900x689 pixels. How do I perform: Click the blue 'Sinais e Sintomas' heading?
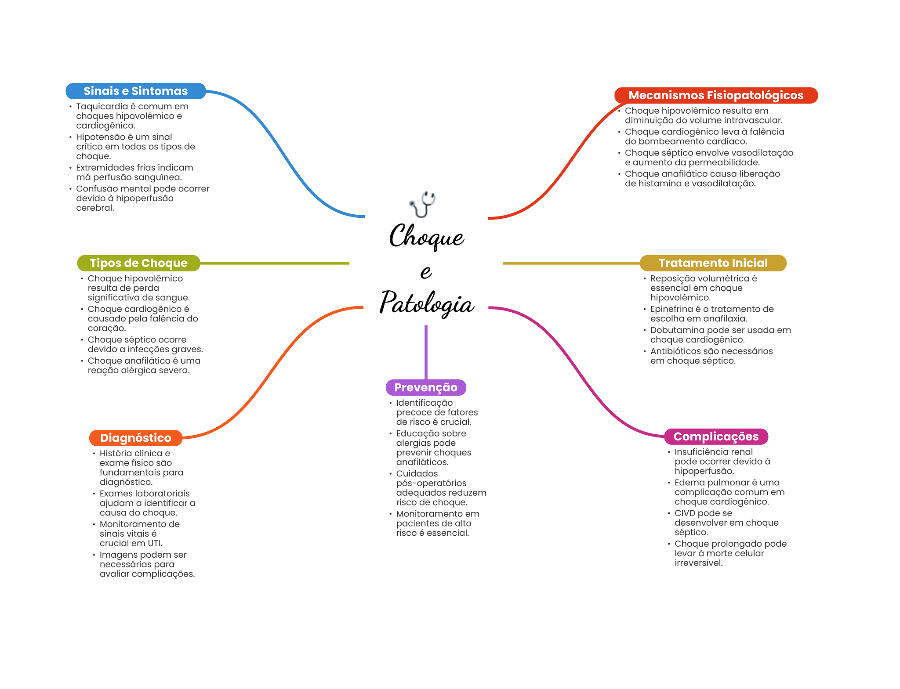point(135,91)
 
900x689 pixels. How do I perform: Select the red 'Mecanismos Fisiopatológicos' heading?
point(715,95)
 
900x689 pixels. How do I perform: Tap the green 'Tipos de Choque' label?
point(138,263)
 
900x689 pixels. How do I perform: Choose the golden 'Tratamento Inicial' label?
point(713,263)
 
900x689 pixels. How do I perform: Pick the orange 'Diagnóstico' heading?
point(135,438)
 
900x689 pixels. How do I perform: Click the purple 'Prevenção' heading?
point(425,387)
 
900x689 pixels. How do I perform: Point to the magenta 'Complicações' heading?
point(716,436)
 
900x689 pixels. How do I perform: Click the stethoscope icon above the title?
point(422,204)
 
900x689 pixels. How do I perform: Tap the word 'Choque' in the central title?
point(426,237)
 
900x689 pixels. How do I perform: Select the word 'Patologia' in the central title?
point(427,303)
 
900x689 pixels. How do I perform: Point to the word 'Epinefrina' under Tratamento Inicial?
point(671,309)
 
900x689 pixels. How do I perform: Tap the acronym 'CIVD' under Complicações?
point(685,513)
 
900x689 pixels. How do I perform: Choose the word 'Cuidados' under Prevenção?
point(417,474)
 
